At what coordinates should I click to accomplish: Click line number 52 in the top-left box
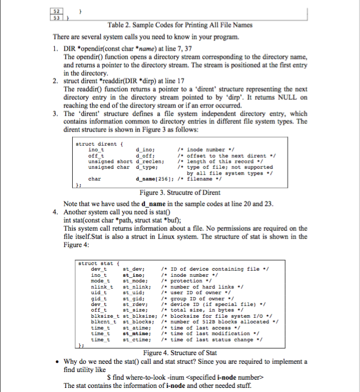pyautogui.click(x=58, y=11)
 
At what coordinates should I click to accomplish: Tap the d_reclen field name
pyautogui.click(x=149, y=161)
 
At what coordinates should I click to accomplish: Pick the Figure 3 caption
pyautogui.click(x=180, y=192)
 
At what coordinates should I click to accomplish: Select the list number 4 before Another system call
pyautogui.click(x=56, y=211)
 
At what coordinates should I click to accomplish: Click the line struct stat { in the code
pyautogui.click(x=97, y=264)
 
